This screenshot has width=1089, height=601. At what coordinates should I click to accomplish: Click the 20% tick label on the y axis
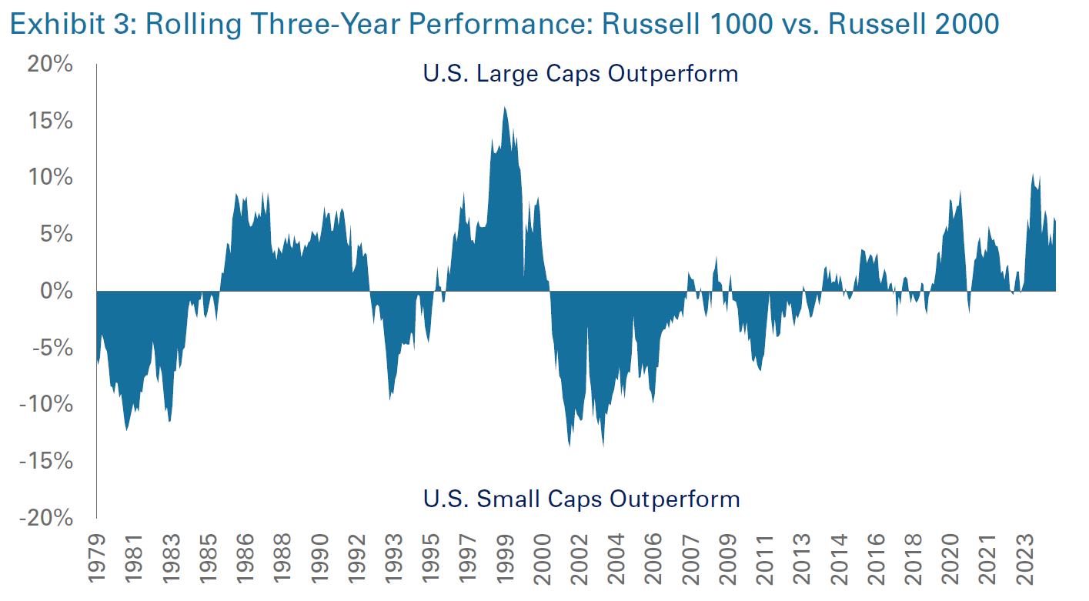coord(52,65)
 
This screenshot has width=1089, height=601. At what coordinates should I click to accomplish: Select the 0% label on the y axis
coord(59,292)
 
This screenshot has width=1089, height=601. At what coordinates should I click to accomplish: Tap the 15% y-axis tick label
coord(52,122)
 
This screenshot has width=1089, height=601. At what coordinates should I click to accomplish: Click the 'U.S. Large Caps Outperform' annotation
coord(580,74)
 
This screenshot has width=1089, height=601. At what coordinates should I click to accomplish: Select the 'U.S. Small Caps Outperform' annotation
coord(581,499)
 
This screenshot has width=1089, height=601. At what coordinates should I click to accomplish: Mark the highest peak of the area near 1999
coord(505,108)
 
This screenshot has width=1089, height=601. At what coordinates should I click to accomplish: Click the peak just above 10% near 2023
coord(1033,175)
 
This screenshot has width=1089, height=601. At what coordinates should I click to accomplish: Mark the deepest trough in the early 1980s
coord(127,429)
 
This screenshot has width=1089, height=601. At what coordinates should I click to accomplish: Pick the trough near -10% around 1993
coord(391,400)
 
